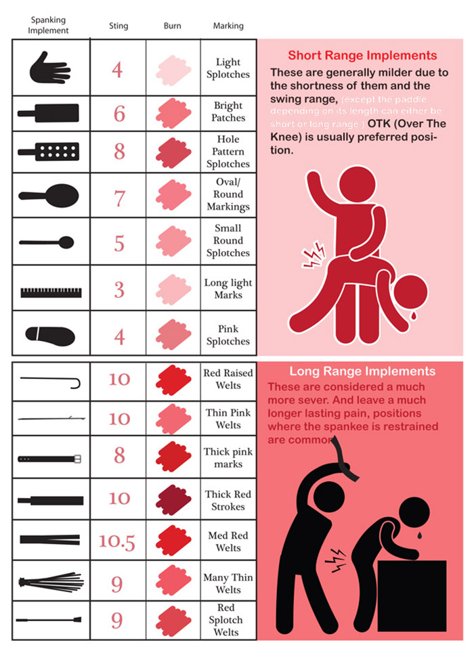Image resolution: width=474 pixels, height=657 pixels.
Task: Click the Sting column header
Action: point(118,26)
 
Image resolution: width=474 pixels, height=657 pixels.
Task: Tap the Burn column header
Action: point(172,26)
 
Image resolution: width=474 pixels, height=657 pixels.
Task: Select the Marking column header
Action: point(228,26)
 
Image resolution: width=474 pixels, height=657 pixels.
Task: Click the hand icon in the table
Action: point(50,68)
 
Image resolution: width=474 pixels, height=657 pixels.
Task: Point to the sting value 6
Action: point(119,113)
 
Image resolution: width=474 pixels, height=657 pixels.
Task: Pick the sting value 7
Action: point(119,199)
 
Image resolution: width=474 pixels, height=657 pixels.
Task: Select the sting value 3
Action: point(119,290)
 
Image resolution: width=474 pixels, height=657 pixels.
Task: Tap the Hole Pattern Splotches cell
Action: point(228,151)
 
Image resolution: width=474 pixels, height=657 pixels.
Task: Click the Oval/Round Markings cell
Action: point(228,194)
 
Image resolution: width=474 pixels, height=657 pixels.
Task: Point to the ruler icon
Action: point(51,292)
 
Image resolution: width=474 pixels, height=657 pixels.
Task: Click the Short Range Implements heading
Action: point(362,55)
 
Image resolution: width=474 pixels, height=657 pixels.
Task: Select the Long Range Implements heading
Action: point(362,371)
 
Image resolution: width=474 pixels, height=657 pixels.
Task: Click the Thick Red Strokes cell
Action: point(228,501)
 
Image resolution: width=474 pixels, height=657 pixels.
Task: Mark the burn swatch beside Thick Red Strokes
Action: point(173,501)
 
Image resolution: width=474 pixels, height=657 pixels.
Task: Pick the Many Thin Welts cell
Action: point(228,584)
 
